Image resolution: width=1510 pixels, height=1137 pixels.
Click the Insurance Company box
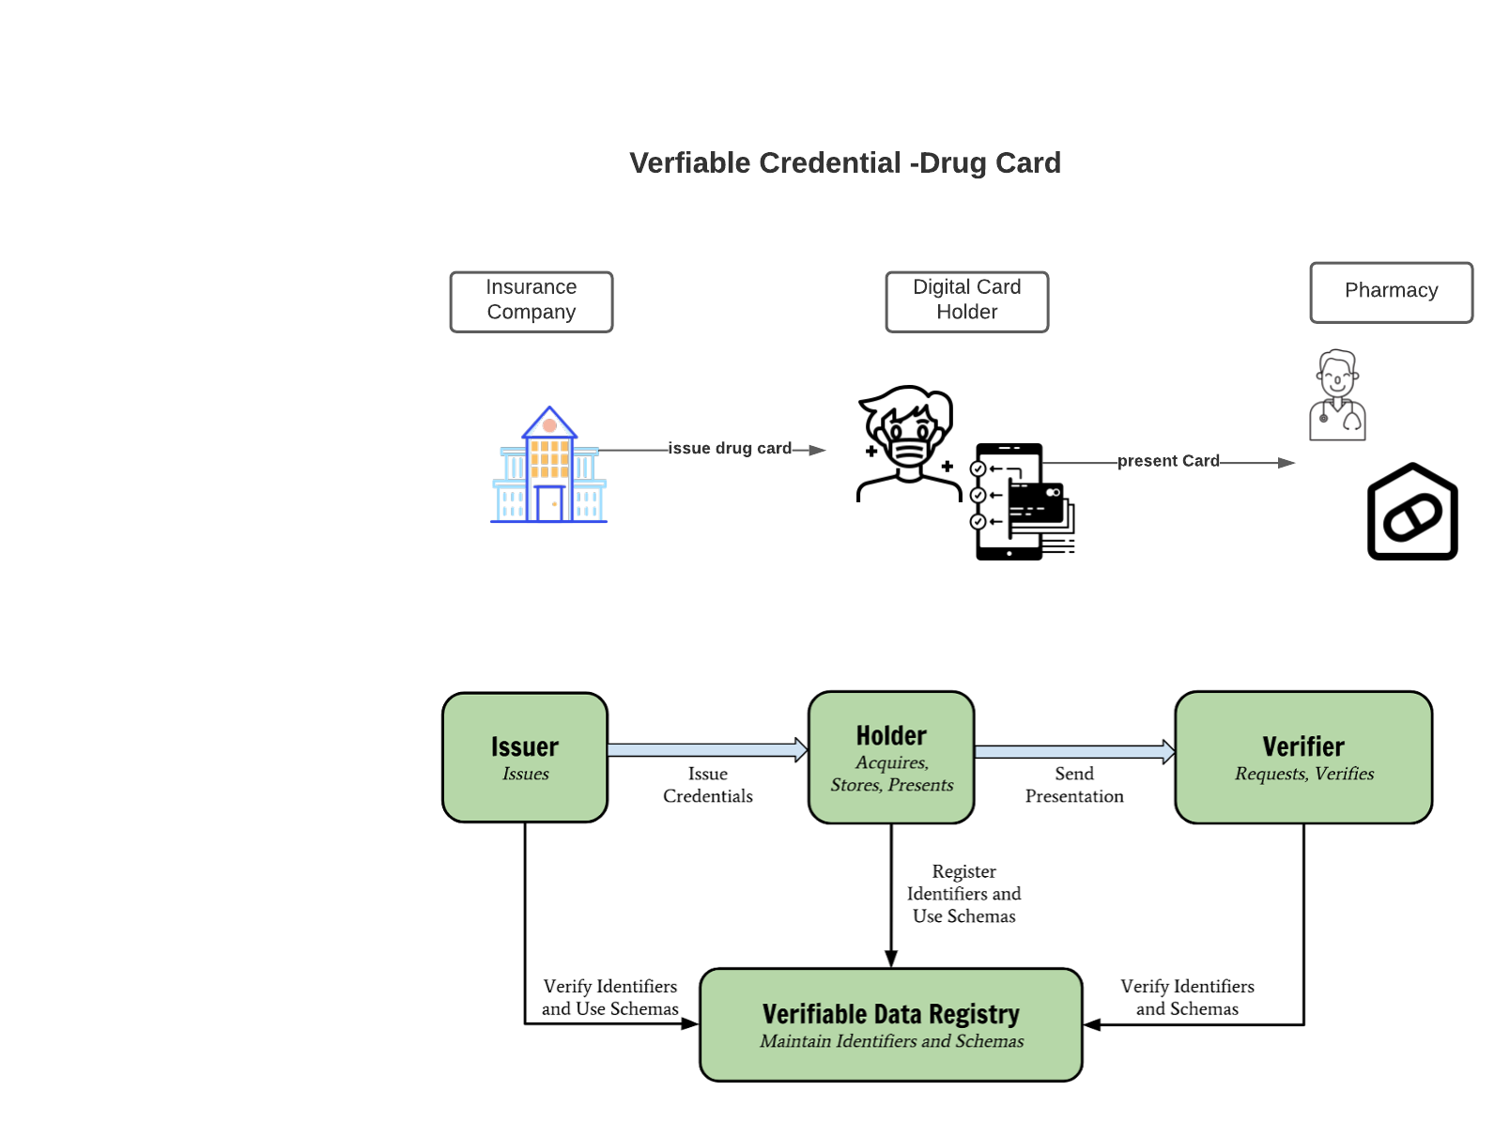531,301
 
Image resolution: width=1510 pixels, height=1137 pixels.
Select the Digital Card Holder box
966,301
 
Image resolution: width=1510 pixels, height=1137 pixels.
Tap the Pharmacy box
1391,292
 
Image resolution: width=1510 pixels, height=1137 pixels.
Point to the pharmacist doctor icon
1337,395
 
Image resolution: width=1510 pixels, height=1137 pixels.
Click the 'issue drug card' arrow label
730,449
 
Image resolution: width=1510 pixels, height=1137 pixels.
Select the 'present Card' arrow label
1168,461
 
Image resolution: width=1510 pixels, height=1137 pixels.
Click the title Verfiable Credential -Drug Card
844,163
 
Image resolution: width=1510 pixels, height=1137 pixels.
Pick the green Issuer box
525,757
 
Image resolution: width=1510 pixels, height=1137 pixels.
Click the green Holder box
891,757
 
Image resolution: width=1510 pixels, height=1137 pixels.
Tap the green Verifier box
1303,757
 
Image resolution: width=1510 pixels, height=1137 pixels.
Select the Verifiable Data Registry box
891,1024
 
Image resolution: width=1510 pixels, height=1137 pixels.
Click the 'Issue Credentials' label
707,785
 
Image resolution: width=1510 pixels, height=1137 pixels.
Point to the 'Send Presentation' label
1074,785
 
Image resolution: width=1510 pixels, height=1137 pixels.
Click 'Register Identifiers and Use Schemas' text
963,894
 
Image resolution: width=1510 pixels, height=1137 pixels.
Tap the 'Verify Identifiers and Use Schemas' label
609,997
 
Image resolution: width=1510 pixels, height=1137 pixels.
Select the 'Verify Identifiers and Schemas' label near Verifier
1187,997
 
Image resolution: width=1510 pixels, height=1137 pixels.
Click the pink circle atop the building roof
549,426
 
